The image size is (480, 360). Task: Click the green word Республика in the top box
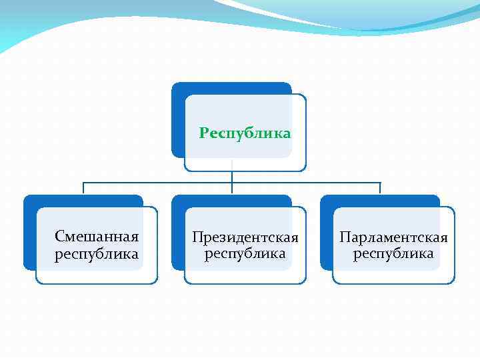(245, 133)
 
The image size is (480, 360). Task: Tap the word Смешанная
(97, 237)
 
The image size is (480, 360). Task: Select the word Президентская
(245, 237)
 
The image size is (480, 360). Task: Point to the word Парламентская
(393, 237)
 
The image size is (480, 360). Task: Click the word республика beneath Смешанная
(97, 254)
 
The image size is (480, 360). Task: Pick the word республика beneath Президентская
(245, 254)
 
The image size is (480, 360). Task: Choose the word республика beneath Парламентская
(393, 254)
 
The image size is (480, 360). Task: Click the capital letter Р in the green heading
(204, 133)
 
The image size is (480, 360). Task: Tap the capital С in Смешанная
(59, 237)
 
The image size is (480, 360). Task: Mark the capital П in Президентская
(197, 237)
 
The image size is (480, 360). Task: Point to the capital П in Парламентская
(344, 237)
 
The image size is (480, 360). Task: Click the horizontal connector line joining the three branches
(160, 183)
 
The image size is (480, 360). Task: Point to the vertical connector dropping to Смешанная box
(83, 189)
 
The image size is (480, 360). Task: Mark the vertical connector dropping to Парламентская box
(380, 189)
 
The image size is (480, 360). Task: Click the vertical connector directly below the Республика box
(232, 176)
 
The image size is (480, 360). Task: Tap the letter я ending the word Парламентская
(443, 238)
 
